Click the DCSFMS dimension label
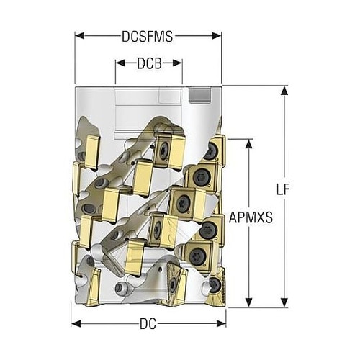[x=147, y=37]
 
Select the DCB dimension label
[x=149, y=63]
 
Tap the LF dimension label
[x=283, y=189]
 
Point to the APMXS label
[x=251, y=217]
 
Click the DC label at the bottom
[x=148, y=324]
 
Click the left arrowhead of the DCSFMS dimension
[x=80, y=36]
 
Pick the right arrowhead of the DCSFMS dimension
[x=217, y=36]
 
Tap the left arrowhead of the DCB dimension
[x=120, y=63]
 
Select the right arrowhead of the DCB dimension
[x=178, y=63]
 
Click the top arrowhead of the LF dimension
[x=284, y=91]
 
